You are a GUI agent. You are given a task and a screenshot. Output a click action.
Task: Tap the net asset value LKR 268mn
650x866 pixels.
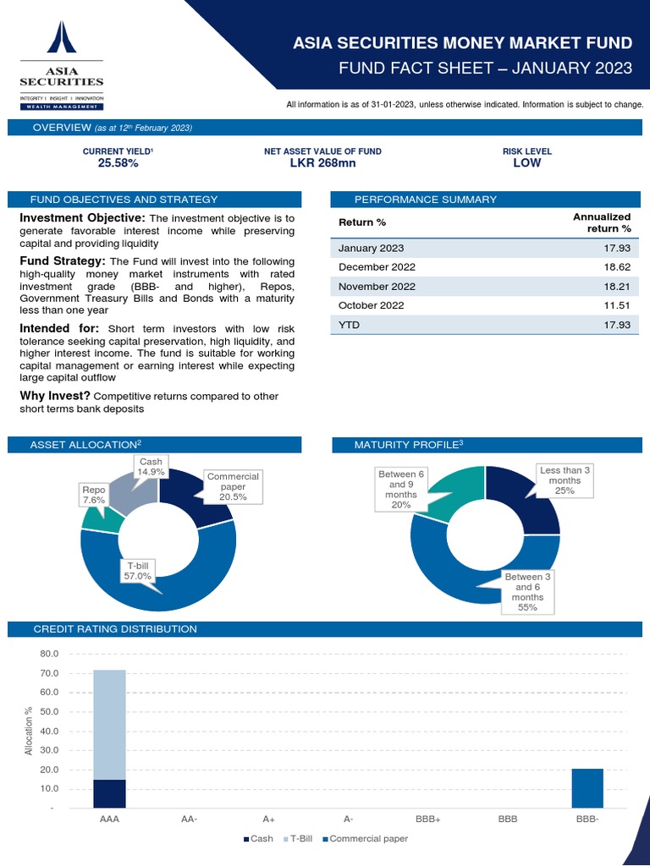point(322,163)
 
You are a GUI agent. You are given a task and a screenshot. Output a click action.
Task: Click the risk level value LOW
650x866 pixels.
point(526,163)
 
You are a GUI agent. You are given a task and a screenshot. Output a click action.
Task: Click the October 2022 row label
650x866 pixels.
point(371,304)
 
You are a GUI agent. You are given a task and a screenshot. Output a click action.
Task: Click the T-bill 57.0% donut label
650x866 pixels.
point(139,570)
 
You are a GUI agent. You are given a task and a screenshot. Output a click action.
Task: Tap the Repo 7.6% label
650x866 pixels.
point(93,495)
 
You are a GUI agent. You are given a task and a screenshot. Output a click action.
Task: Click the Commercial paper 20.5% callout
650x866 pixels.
point(233,486)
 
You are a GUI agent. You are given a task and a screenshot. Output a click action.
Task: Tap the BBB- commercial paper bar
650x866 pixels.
point(587,788)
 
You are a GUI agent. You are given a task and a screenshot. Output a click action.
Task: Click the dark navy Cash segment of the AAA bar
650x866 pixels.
point(109,793)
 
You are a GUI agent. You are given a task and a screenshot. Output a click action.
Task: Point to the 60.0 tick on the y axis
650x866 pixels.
point(49,693)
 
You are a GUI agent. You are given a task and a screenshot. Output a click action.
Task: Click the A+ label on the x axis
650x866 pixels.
point(268,819)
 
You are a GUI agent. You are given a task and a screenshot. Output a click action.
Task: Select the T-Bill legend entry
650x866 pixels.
point(300,839)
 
